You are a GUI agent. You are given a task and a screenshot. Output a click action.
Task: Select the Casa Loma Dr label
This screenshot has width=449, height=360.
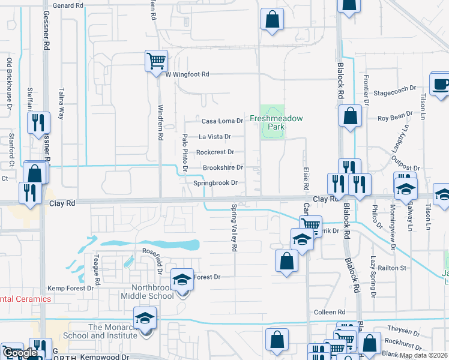tap(222, 121)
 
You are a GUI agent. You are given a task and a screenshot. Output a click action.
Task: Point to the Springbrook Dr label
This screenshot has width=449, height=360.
tap(215, 182)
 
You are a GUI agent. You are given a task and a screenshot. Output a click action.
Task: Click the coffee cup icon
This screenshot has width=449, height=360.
tap(440, 84)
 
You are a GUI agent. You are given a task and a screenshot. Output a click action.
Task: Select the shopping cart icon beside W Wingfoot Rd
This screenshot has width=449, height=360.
tap(155, 59)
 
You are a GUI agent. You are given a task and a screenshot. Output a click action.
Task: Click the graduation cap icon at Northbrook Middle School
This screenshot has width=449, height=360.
tap(182, 280)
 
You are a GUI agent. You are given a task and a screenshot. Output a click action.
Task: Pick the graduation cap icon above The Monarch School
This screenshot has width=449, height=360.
tap(145, 317)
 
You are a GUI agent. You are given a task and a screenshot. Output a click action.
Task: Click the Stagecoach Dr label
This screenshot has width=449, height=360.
tap(394, 89)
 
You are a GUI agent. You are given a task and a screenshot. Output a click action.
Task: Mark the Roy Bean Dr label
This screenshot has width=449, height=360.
tap(394, 113)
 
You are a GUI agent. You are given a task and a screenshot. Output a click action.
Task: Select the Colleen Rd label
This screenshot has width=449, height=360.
tap(330, 313)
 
